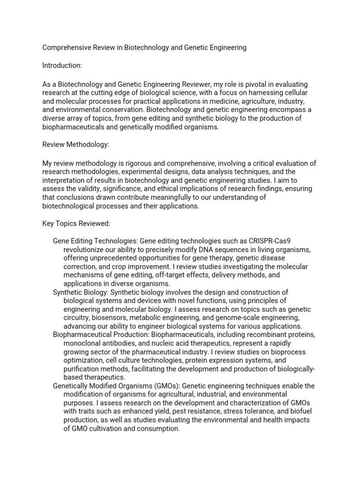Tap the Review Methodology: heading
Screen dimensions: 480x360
(75, 145)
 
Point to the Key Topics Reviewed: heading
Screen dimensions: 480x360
(76, 224)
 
